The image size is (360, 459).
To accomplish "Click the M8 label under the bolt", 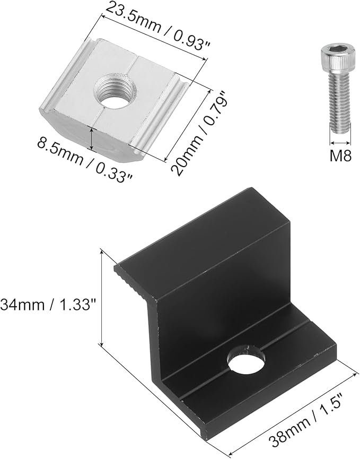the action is [340, 155].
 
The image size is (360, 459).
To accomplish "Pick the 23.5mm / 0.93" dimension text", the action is [158, 25].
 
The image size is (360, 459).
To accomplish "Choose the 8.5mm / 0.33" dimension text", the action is [85, 162].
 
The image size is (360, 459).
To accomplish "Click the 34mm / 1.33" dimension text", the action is [48, 305].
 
